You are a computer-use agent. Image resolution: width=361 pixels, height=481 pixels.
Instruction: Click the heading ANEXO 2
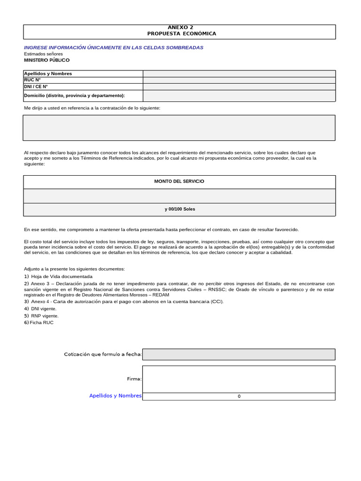pos(180,28)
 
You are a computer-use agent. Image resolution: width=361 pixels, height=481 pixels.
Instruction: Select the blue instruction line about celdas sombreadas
pos(113,47)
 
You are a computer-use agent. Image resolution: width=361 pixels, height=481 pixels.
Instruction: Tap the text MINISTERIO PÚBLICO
pos(47,60)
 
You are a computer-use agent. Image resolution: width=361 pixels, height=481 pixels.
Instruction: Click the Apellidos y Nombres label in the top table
pos(48,73)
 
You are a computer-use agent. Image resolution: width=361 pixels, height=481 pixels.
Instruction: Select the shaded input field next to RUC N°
pos(239,80)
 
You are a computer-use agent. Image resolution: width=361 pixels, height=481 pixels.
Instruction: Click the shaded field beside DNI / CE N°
pos(239,86)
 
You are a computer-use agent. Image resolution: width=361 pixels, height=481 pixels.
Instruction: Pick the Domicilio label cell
pos(74,95)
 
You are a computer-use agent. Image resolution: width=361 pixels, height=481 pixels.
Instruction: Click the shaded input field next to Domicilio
pos(239,95)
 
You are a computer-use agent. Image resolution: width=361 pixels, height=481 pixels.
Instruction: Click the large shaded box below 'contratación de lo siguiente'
pos(179,128)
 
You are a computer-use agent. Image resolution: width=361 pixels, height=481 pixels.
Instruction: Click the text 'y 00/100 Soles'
pos(180,209)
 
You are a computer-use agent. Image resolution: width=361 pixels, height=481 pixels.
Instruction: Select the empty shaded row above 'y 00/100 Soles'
pos(179,195)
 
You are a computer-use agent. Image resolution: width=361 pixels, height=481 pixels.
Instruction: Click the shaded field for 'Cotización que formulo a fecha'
pos(239,354)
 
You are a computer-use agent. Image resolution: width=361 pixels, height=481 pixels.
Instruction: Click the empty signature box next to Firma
pos(239,379)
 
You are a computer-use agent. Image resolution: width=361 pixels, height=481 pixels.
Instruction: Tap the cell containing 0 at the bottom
pos(239,396)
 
